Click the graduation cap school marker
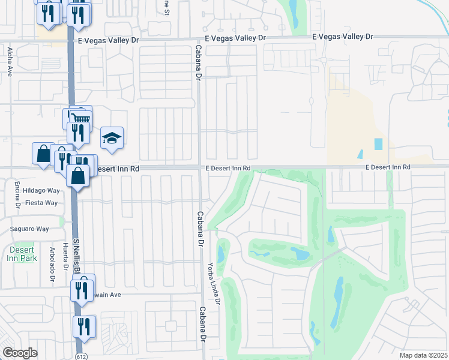112,139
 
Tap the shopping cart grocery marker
82,118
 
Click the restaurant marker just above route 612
84,326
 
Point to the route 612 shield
79,356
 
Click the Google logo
20,353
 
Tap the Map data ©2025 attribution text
424,355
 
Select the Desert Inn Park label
23,254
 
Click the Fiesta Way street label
40,203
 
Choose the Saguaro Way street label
29,229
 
